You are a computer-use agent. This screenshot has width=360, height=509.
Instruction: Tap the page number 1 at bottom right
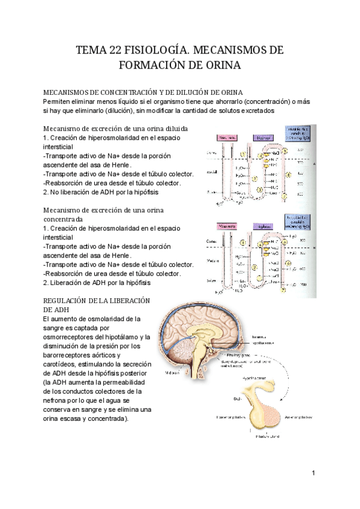tap(313, 474)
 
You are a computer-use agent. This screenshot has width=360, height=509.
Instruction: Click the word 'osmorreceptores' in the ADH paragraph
tap(73, 337)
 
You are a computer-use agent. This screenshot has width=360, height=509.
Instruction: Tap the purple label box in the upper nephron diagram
tap(262, 137)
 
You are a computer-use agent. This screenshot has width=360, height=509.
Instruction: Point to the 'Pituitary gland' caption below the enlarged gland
tap(251, 438)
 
